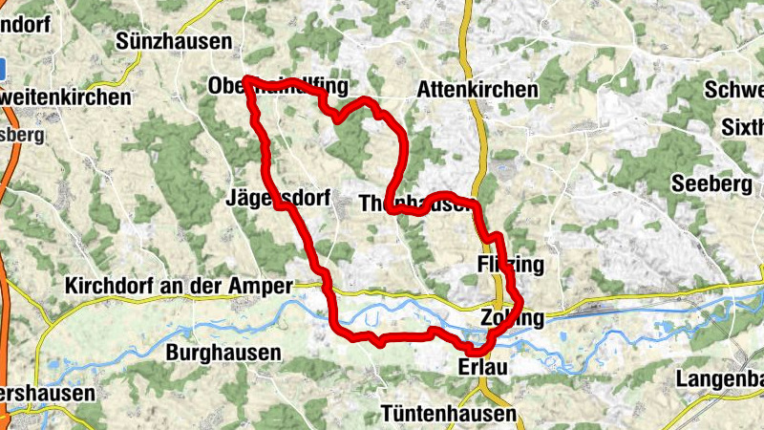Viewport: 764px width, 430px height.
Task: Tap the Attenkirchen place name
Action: tap(477, 90)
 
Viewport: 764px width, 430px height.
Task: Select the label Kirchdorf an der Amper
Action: tap(180, 286)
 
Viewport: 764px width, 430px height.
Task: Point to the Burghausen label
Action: tap(223, 353)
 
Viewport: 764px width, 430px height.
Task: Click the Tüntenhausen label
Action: tap(448, 414)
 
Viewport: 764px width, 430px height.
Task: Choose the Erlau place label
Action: tap(479, 368)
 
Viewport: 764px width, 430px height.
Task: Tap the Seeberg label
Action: tap(712, 183)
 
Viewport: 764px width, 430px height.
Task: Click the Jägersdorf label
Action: tap(277, 200)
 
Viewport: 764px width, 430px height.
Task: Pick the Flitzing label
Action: tap(509, 264)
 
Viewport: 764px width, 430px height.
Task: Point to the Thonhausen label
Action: tap(414, 204)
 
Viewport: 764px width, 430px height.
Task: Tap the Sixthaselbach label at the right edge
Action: tap(743, 126)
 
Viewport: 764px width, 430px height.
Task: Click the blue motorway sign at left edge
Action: tap(3, 68)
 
